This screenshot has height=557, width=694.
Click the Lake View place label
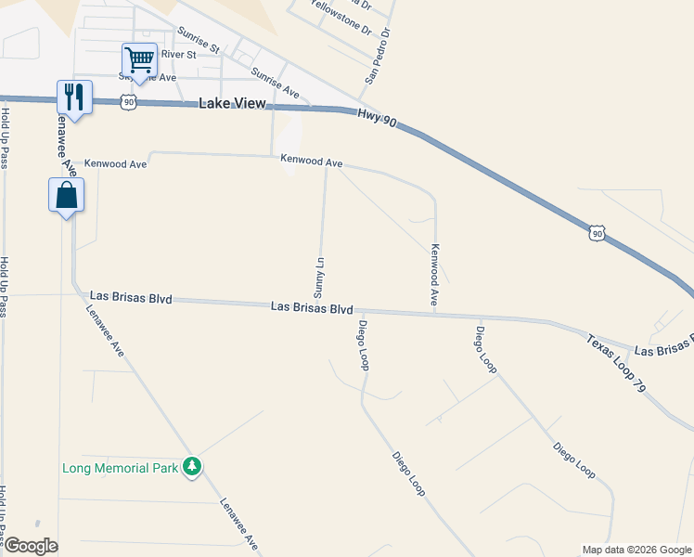(232, 104)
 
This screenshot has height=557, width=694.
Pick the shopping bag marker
(66, 196)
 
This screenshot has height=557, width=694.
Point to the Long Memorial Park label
(120, 468)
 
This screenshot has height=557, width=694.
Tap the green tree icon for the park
(192, 467)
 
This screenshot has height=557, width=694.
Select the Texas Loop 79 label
(615, 361)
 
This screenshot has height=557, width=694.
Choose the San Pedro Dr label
(379, 56)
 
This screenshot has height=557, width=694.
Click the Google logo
(31, 546)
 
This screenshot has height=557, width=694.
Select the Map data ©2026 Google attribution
(636, 550)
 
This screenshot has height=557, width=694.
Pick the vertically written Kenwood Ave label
(433, 275)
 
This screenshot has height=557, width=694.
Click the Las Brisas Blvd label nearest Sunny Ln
(313, 308)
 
